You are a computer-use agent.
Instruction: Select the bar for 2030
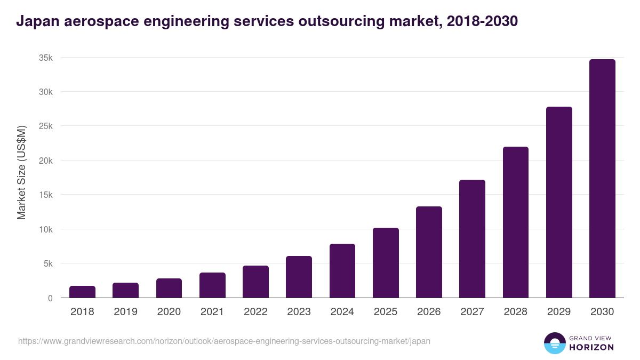tap(602, 179)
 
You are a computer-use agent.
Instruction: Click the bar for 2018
tap(82, 292)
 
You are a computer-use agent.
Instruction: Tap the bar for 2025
tap(386, 262)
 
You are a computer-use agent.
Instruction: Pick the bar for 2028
tap(515, 222)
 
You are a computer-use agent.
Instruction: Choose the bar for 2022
tap(255, 282)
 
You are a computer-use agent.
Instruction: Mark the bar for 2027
tap(472, 238)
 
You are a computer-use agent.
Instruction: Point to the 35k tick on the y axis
tap(45, 58)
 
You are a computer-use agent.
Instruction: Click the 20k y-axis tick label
tap(45, 161)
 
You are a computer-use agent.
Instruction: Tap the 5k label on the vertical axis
tap(47, 263)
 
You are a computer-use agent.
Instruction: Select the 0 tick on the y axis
tap(50, 298)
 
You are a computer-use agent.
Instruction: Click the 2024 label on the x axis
tap(342, 312)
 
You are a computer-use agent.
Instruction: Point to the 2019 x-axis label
tap(125, 312)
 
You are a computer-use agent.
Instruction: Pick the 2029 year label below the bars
tap(558, 312)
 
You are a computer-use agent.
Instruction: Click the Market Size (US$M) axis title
tap(22, 172)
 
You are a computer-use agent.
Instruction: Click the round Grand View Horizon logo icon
tap(554, 343)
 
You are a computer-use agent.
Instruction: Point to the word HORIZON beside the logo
tap(591, 347)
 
